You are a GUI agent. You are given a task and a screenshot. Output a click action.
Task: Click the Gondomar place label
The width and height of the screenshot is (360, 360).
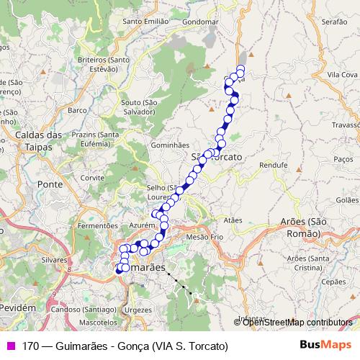(x=200, y=22)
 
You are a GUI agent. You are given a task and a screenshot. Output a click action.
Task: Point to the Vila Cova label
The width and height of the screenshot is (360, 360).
(x=343, y=74)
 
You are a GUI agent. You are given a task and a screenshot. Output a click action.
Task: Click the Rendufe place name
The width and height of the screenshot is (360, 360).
(x=273, y=165)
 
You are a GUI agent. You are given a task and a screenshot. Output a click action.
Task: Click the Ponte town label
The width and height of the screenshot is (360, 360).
(x=50, y=184)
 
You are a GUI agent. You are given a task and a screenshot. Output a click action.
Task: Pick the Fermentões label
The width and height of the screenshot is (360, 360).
(x=97, y=225)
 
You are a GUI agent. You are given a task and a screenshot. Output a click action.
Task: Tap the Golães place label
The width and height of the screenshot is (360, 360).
(x=347, y=199)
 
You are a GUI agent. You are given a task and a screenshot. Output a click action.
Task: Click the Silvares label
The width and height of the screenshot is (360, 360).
(x=53, y=259)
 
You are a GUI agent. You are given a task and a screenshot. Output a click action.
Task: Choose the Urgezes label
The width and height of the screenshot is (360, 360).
(x=138, y=310)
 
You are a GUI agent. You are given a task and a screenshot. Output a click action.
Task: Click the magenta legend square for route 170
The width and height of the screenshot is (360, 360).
(x=9, y=346)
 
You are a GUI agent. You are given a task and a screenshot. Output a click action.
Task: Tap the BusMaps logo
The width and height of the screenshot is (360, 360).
(x=325, y=346)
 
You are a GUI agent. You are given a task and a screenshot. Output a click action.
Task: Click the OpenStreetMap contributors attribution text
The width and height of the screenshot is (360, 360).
(x=297, y=323)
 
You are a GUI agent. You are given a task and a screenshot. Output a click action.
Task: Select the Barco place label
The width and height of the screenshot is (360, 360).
(x=76, y=110)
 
